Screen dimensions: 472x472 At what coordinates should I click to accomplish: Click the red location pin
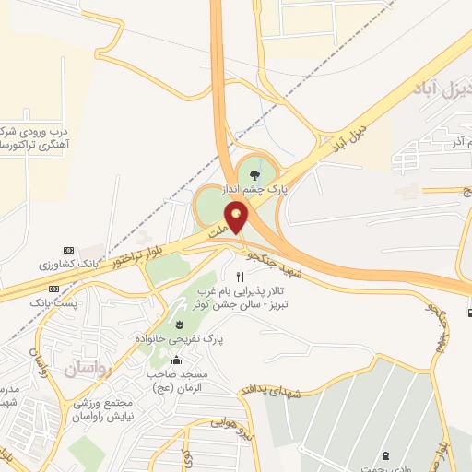[237, 218]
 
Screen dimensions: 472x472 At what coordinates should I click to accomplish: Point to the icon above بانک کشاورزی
[67, 250]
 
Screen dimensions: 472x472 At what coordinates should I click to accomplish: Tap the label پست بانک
[50, 301]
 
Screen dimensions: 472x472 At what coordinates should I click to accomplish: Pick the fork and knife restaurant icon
[240, 276]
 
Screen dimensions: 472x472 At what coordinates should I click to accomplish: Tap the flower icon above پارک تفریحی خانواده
[179, 324]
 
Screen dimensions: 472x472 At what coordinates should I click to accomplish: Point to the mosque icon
[177, 360]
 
